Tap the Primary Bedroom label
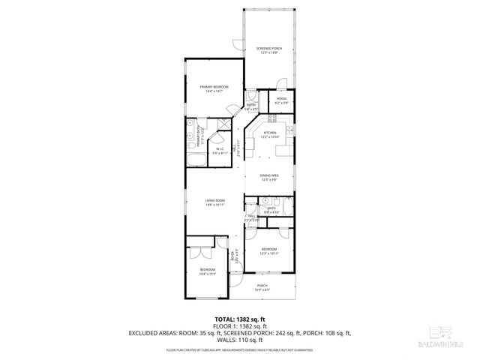214,88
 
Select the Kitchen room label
270,133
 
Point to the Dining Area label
270,175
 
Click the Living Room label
216,201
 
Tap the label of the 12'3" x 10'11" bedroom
268,249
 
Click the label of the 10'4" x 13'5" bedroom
207,270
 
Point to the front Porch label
262,285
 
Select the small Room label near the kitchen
281,99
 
